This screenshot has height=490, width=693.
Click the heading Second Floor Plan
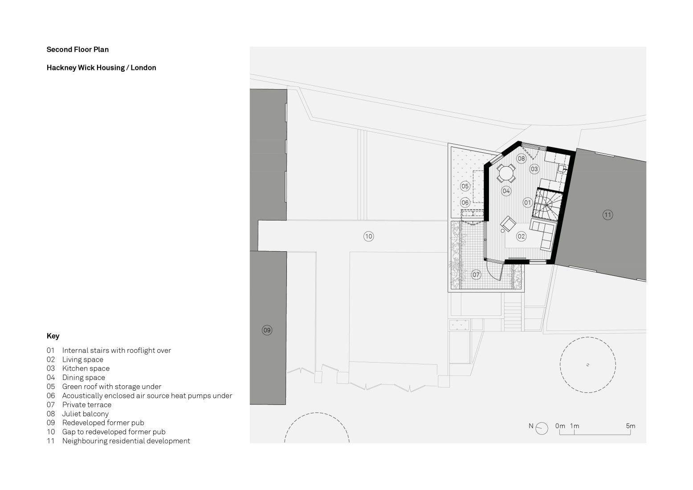pyautogui.click(x=77, y=49)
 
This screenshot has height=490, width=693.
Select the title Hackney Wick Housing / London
pyautogui.click(x=101, y=68)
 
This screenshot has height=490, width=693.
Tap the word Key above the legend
pyautogui.click(x=53, y=336)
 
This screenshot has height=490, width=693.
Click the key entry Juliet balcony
pyautogui.click(x=85, y=414)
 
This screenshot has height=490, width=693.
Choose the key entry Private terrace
pyautogui.click(x=86, y=404)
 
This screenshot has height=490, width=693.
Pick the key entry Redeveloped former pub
pyautogui.click(x=103, y=423)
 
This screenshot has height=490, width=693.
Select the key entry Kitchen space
pyautogui.click(x=86, y=368)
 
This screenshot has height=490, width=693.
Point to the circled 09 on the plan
pyautogui.click(x=267, y=330)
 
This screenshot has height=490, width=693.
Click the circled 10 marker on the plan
pyautogui.click(x=368, y=237)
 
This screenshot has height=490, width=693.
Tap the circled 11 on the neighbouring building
pyautogui.click(x=607, y=215)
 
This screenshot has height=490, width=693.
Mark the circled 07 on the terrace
pyautogui.click(x=476, y=274)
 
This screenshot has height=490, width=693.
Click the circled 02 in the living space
pyautogui.click(x=521, y=237)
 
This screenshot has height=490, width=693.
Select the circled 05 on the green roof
pyautogui.click(x=465, y=186)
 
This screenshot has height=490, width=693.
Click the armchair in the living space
pyautogui.click(x=508, y=224)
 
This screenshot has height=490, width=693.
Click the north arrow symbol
pyautogui.click(x=542, y=428)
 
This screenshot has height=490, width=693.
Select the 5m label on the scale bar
pyautogui.click(x=630, y=426)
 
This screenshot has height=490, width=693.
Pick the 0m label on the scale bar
pyautogui.click(x=560, y=426)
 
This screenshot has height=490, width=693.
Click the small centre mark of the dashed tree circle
pyautogui.click(x=588, y=365)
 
